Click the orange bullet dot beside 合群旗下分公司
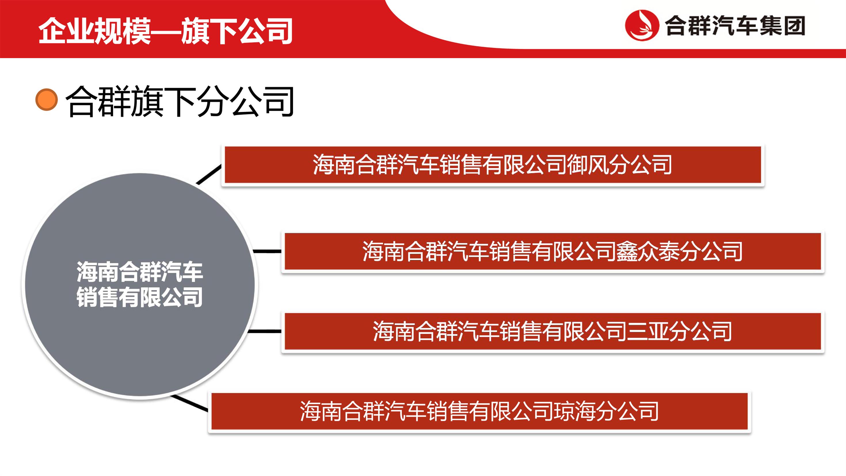click(47, 99)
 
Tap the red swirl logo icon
click(642, 25)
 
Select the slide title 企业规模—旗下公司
click(165, 31)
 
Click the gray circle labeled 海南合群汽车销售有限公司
click(140, 285)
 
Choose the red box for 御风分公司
click(493, 165)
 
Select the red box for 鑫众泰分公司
click(553, 251)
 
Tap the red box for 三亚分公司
click(553, 331)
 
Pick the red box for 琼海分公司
click(479, 411)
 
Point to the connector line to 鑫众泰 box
click(267, 251)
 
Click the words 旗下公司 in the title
click(237, 31)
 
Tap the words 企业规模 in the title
click(95, 31)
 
